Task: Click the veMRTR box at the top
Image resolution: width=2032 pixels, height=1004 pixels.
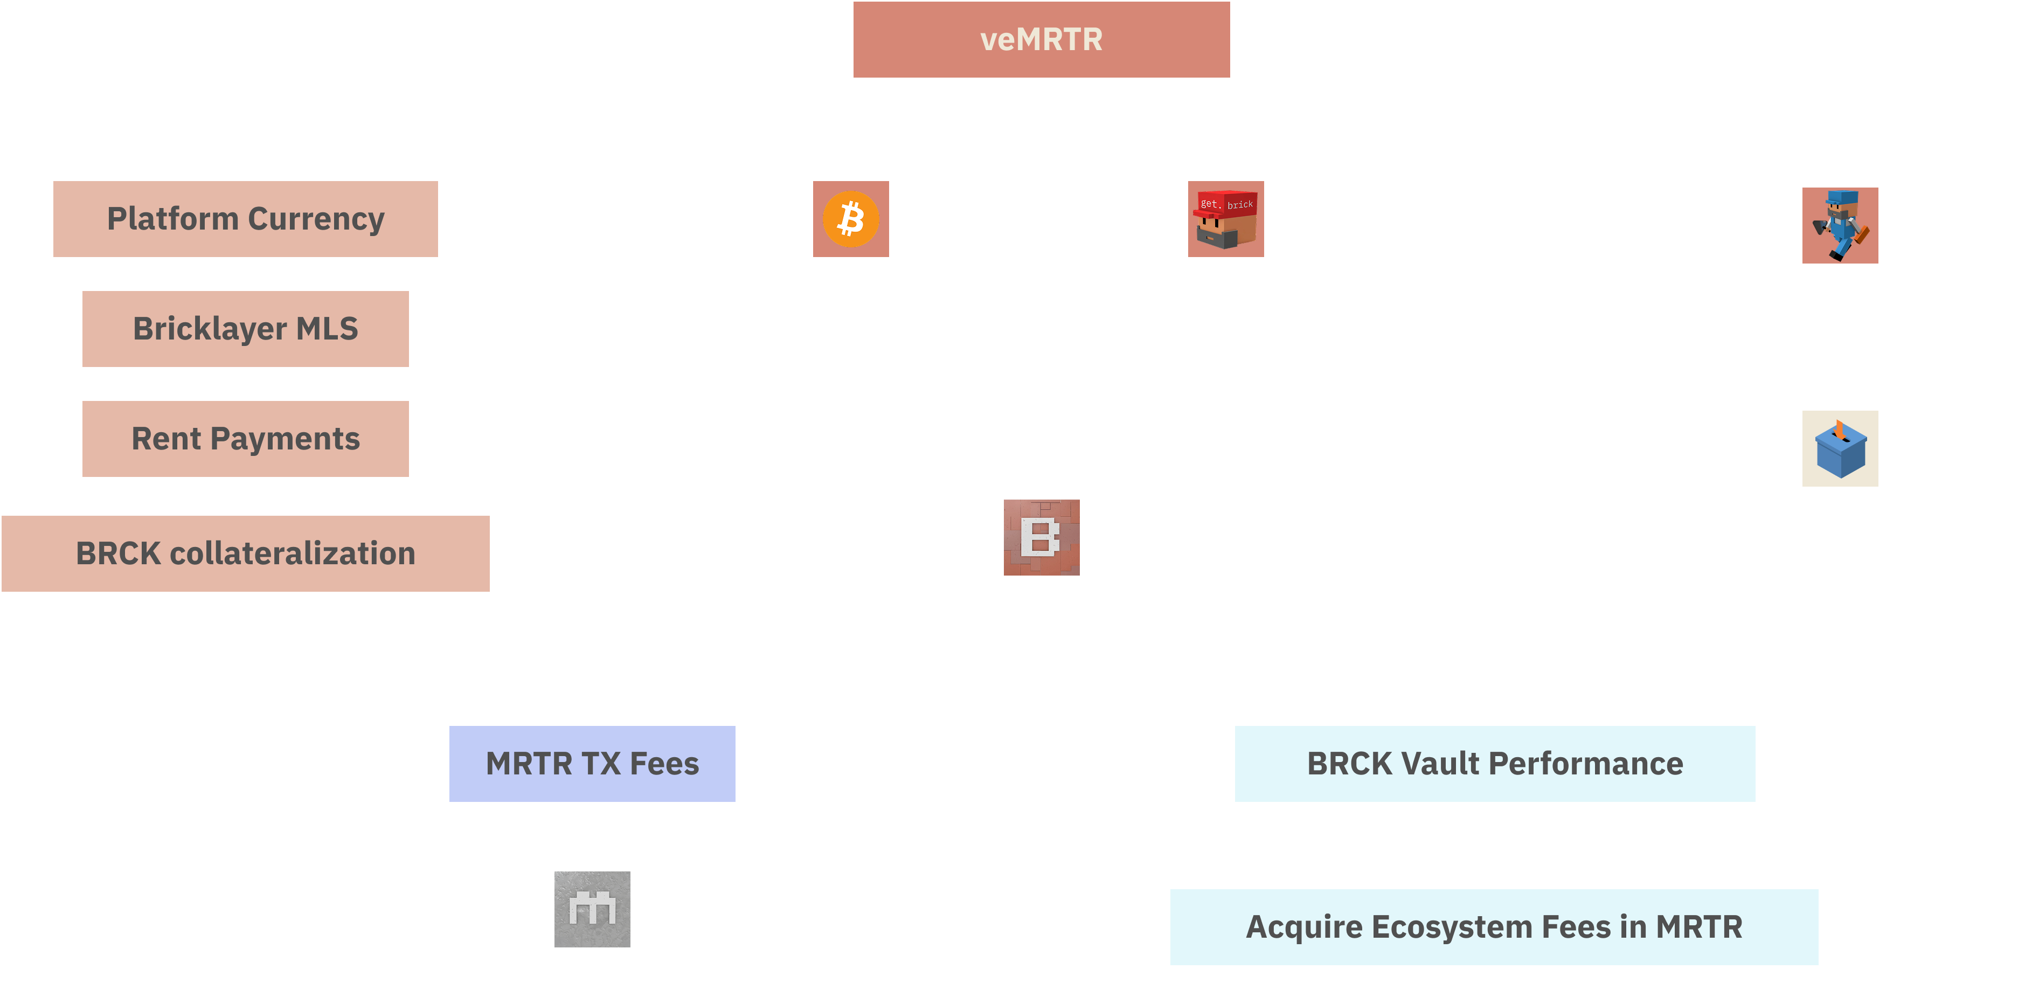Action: [x=1041, y=39]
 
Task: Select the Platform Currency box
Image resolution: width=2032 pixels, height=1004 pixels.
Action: [x=245, y=218]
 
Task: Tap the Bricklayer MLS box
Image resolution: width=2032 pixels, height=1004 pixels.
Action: [x=245, y=328]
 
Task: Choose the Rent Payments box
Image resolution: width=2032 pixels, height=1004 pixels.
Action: [x=245, y=439]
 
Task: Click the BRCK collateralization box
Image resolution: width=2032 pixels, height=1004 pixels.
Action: [x=245, y=553]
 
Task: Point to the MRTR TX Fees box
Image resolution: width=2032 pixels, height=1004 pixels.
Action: [x=592, y=764]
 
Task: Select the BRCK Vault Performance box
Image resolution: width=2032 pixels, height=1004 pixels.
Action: [x=1495, y=764]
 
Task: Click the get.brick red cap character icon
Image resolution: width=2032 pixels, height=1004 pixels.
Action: [x=1226, y=218]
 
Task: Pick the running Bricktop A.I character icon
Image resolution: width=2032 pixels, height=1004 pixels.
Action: [x=1840, y=226]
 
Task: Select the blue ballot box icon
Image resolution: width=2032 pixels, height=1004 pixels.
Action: [x=1840, y=449]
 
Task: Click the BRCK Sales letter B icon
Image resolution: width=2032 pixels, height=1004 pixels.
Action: [x=1041, y=537]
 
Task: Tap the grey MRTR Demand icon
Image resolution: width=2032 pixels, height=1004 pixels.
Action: [x=592, y=909]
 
